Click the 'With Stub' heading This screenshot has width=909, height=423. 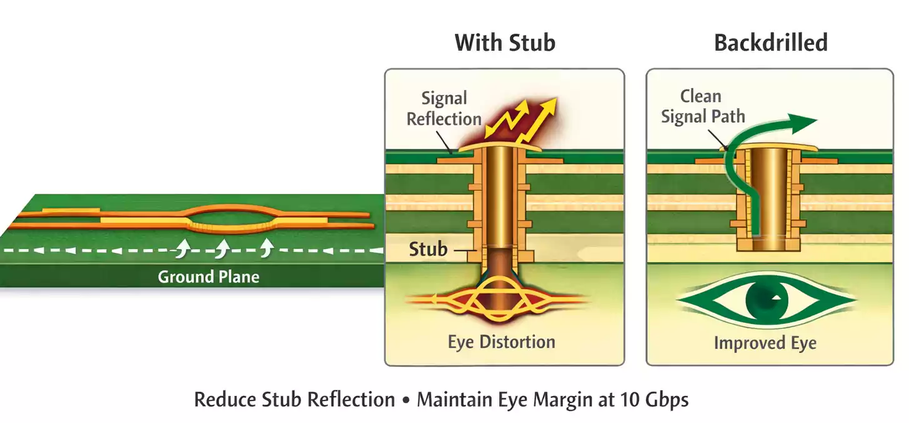[505, 43]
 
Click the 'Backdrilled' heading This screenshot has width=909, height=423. [770, 43]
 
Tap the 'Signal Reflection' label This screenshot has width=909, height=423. [444, 108]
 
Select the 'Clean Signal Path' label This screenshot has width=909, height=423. [703, 106]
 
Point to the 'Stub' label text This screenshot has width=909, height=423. [428, 250]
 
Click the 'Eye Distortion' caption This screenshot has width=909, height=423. [501, 342]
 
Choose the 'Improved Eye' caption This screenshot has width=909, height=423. [765, 343]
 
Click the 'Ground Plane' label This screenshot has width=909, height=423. [208, 277]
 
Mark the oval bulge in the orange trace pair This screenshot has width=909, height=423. [230, 219]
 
